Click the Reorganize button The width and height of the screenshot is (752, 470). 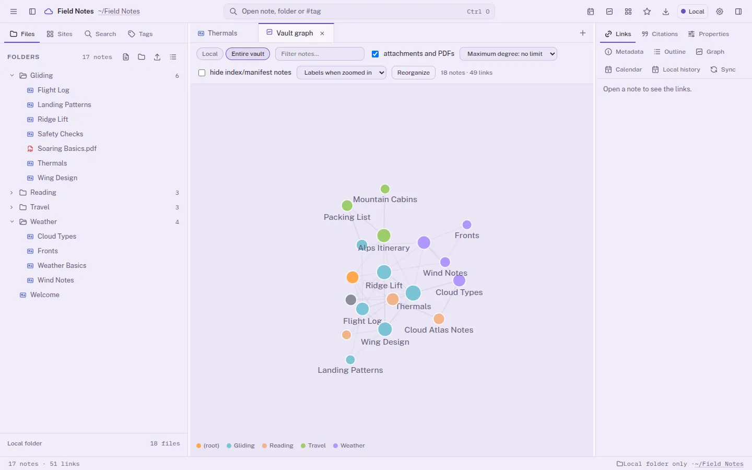click(413, 73)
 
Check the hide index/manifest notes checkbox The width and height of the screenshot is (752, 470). click(202, 73)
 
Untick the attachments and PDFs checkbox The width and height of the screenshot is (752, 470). click(375, 54)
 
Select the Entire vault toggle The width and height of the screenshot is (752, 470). click(248, 54)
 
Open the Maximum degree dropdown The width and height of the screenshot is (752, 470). click(508, 54)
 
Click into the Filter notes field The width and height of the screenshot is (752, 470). click(320, 54)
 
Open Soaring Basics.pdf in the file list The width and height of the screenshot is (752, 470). click(67, 148)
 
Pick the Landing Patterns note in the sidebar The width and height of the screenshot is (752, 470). click(64, 105)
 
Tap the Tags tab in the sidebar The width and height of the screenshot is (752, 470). click(140, 34)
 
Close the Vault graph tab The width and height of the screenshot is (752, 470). click(322, 33)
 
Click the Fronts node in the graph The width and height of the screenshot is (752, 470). click(467, 225)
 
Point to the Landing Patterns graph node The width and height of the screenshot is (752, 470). click(350, 359)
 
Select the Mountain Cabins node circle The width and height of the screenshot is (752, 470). click(385, 189)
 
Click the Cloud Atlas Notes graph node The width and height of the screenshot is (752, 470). click(439, 319)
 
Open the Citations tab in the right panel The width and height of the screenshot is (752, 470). click(660, 34)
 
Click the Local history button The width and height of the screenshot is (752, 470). click(676, 69)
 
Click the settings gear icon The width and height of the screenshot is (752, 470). click(720, 11)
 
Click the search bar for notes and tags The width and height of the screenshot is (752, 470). click(359, 11)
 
